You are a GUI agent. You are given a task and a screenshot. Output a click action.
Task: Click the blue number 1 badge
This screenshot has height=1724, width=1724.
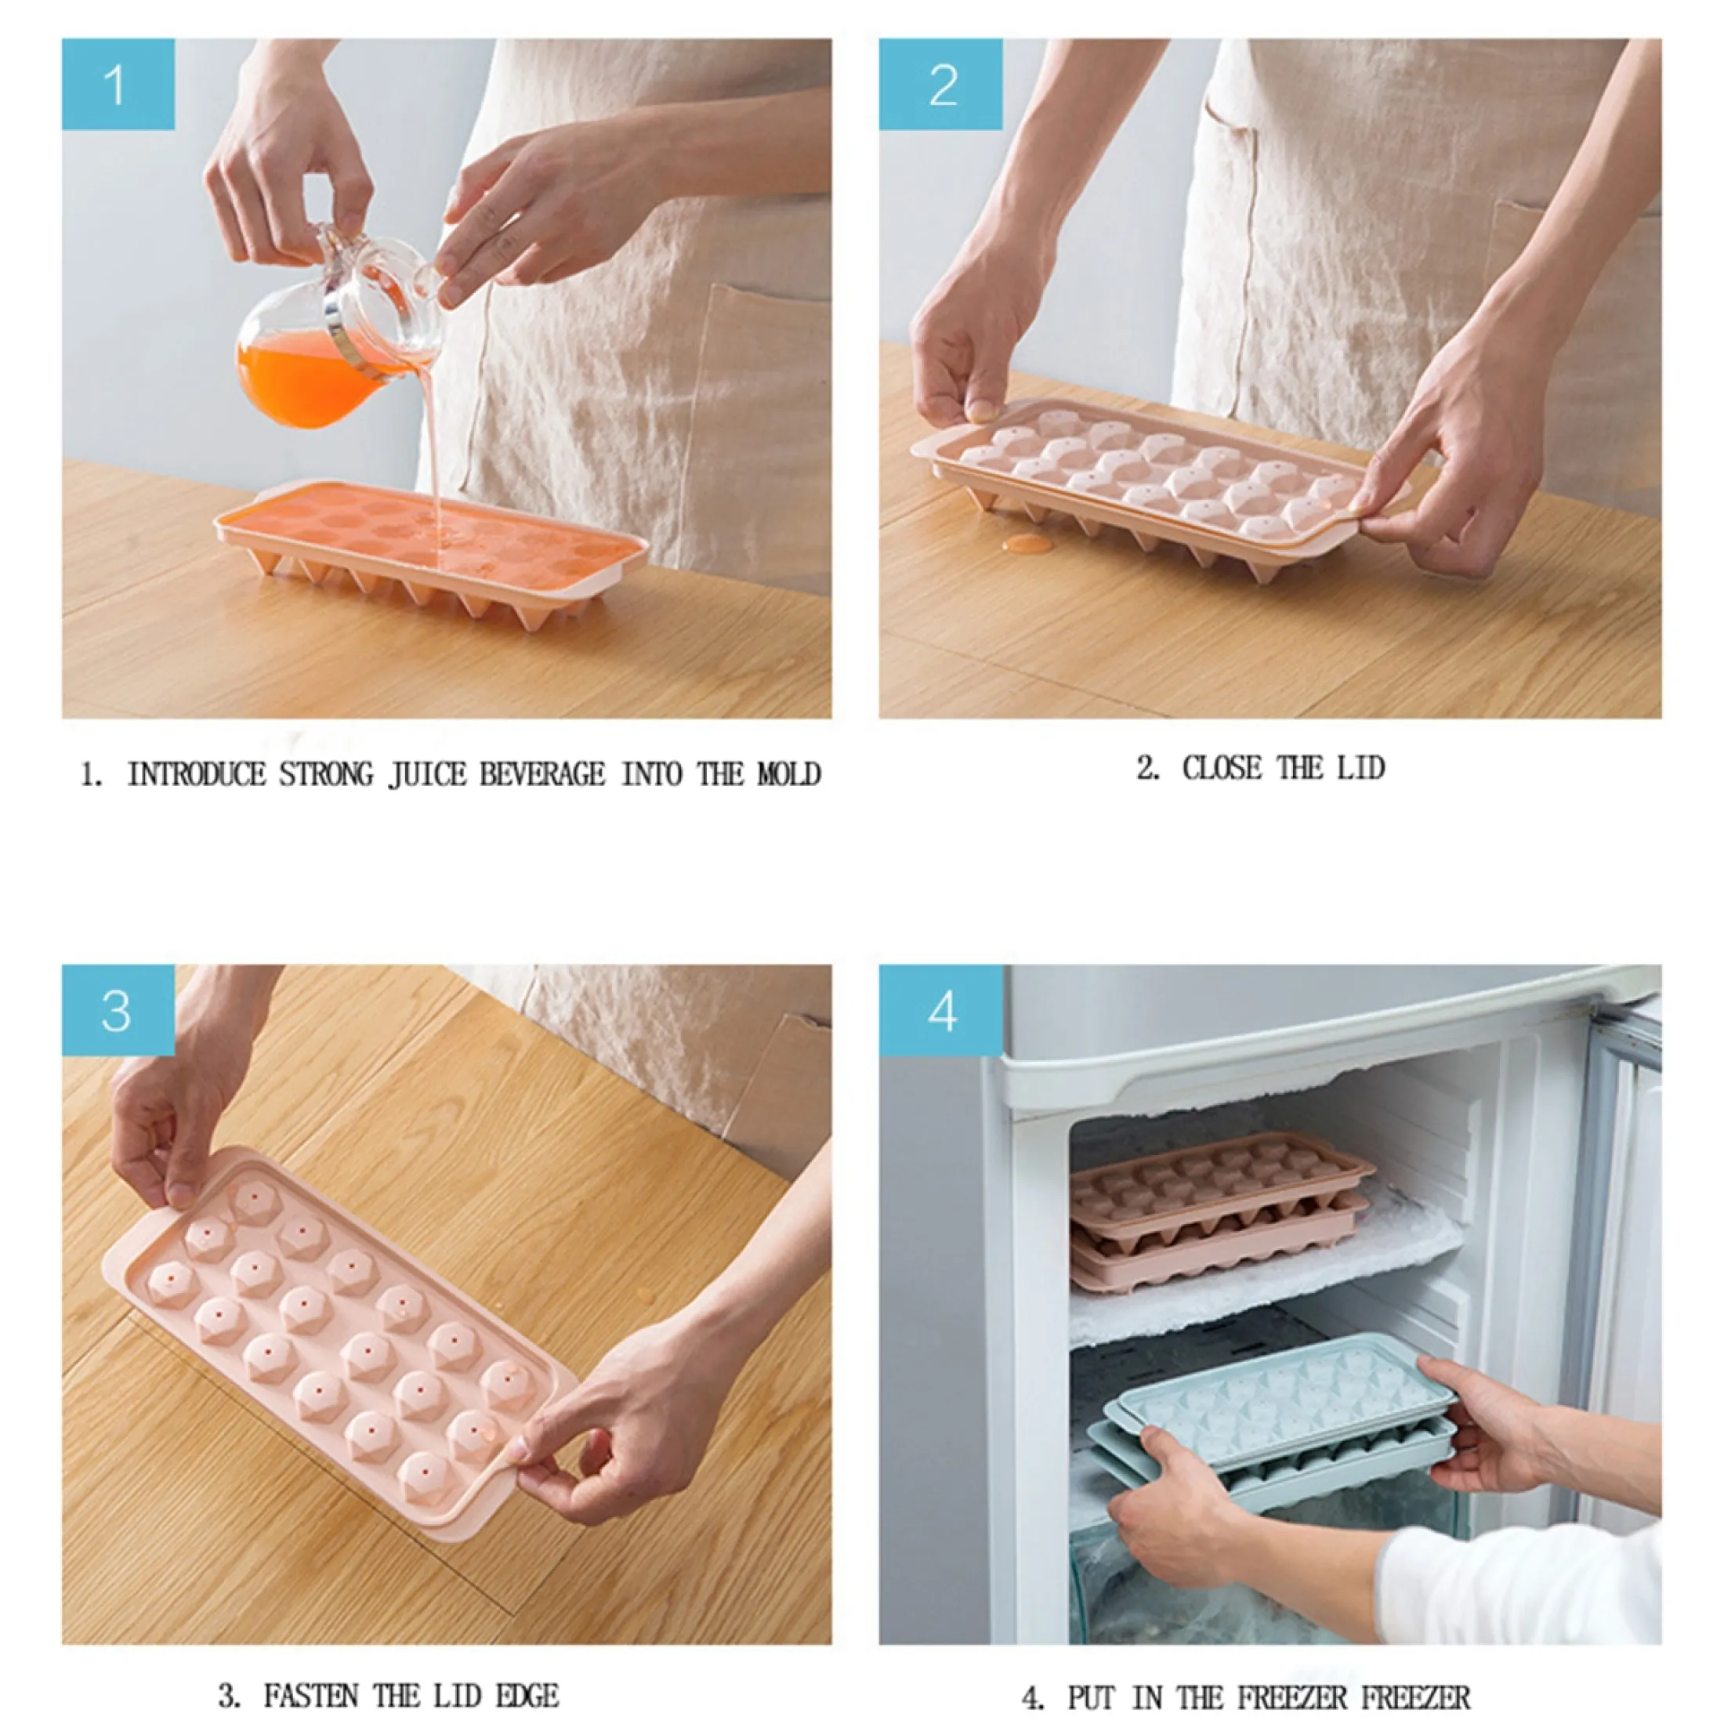tap(118, 84)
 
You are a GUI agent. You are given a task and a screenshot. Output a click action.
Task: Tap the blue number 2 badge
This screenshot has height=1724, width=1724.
tap(940, 84)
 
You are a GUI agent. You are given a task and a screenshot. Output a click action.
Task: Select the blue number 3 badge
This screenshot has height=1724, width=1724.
tap(118, 1010)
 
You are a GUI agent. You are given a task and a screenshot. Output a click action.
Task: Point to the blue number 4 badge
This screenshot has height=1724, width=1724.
tap(940, 1010)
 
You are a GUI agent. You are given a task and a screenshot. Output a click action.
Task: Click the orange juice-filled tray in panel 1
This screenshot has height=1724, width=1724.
tap(432, 553)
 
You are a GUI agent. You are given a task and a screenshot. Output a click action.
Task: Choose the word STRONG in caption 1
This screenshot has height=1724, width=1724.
tap(326, 773)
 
